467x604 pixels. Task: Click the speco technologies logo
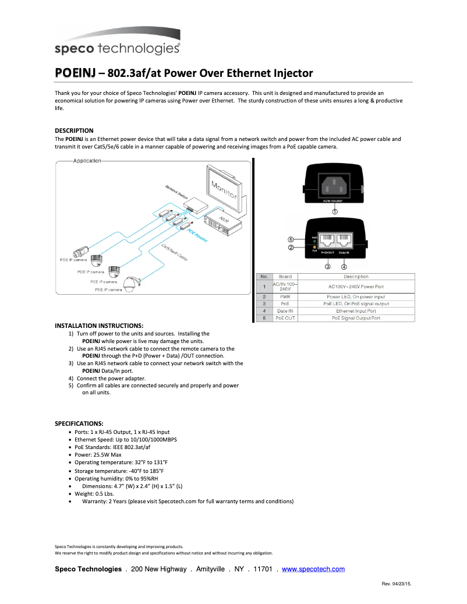point(117,48)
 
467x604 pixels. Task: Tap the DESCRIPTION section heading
point(74,130)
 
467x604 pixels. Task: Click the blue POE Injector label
point(198,234)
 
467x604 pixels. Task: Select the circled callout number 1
point(334,211)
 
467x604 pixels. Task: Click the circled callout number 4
point(344,267)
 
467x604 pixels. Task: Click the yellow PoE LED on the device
point(314,248)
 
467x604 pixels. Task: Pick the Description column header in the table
point(356,277)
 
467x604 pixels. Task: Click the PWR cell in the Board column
point(285,296)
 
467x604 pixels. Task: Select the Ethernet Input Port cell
point(356,311)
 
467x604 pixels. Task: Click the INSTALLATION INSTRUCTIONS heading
point(99,326)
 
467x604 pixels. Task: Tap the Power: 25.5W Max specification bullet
point(98,455)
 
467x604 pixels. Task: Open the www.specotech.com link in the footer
point(313,569)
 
